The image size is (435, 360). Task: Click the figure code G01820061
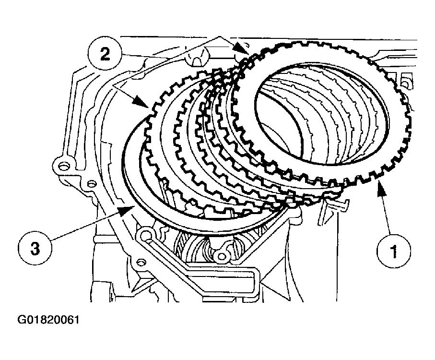click(49, 319)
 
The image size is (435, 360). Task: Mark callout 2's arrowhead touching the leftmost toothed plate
click(144, 104)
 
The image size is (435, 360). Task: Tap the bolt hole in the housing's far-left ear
click(61, 166)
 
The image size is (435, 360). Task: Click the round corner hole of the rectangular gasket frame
click(145, 235)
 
